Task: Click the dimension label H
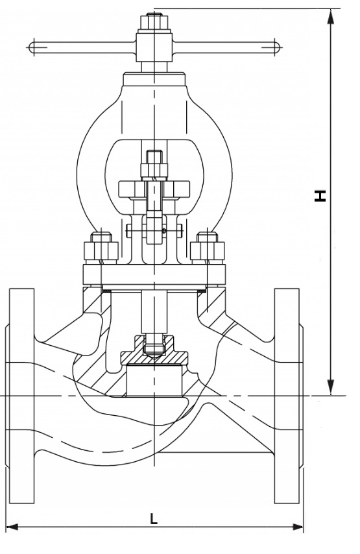(x=320, y=195)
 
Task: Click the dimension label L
(x=154, y=518)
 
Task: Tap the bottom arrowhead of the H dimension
(x=331, y=387)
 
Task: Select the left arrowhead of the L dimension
(x=11, y=527)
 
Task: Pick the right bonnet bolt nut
(x=208, y=249)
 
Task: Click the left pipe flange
(x=21, y=395)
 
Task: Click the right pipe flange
(x=287, y=395)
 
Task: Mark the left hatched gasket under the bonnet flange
(x=106, y=291)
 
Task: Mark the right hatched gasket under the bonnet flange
(x=202, y=291)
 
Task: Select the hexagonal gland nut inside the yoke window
(x=154, y=189)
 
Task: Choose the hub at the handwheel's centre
(x=154, y=47)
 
